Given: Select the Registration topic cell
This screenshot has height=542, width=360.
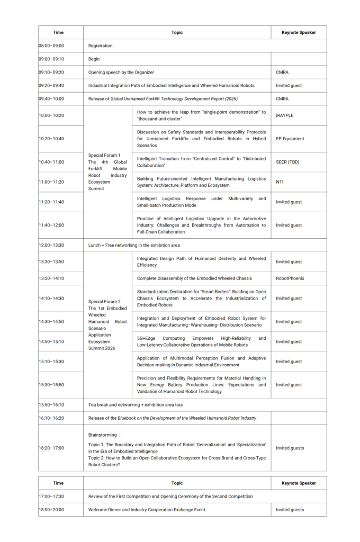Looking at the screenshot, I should tap(101, 46).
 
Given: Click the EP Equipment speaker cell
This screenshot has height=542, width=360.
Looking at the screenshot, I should tap(290, 139).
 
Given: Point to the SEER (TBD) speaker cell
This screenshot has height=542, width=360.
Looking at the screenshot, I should tap(287, 162).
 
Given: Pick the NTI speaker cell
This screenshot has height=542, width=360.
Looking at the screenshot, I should tap(280, 182).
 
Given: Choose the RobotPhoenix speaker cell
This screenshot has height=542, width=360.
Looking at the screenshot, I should tap(290, 278).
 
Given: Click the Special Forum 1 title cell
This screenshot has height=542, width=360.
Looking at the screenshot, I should tap(107, 172).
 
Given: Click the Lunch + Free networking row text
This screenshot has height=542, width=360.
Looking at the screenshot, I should tap(134, 246).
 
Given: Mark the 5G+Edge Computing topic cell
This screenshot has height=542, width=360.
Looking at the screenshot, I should tap(201, 341).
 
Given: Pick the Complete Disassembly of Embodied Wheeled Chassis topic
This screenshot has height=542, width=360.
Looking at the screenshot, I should tap(194, 278).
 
